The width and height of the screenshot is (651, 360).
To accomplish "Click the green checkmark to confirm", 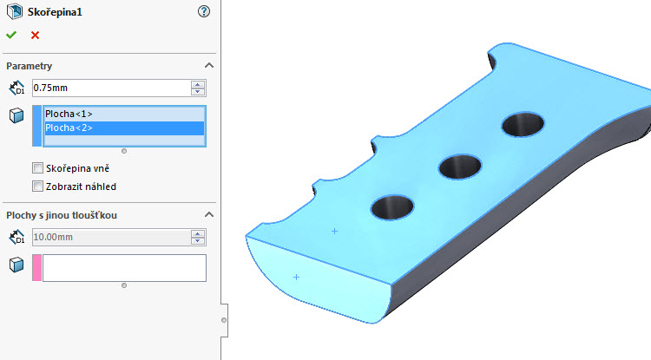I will click(x=10, y=35).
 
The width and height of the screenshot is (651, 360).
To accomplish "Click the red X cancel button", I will click(x=35, y=35).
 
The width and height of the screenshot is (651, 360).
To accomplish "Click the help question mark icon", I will click(x=204, y=11).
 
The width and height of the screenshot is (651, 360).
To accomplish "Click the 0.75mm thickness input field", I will click(x=110, y=88).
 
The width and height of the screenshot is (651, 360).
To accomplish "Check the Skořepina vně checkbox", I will click(x=37, y=168).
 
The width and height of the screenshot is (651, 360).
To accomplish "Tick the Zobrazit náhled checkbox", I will click(x=37, y=186).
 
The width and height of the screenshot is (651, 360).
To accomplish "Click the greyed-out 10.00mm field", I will click(x=110, y=236).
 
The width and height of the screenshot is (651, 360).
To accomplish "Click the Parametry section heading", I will click(x=30, y=66).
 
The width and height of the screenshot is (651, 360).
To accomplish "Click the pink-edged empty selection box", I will click(x=123, y=267).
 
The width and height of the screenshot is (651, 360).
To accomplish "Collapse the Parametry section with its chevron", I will click(x=208, y=66).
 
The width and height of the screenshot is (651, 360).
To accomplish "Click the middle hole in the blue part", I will click(x=460, y=164).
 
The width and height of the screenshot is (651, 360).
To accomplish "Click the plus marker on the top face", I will click(x=334, y=231).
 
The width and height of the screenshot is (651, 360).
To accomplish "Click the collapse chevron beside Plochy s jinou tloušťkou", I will click(x=208, y=214).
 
